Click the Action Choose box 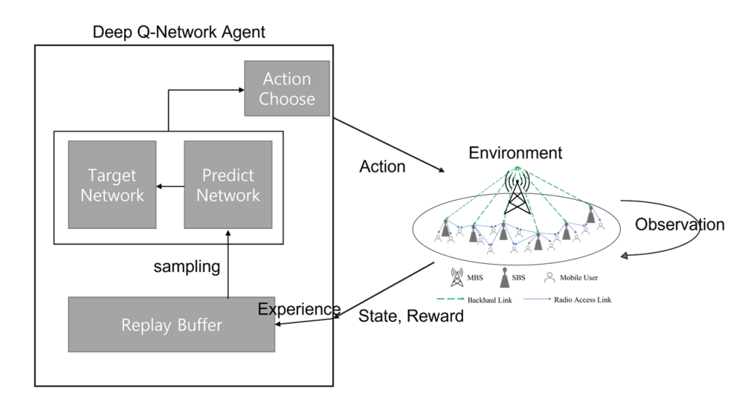point(286,88)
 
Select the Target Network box point(112,185)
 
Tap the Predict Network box point(228,185)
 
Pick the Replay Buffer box point(171,324)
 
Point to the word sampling point(186,266)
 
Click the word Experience point(299,309)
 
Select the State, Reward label point(411,317)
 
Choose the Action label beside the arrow point(381,166)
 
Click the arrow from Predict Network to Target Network point(170,186)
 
